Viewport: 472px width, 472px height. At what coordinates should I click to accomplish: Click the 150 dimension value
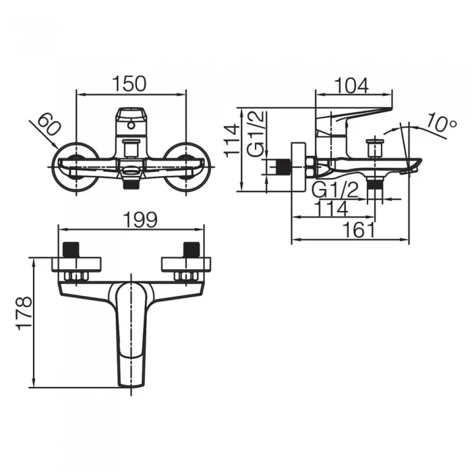point(129,84)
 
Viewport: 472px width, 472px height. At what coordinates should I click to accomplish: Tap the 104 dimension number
point(351,86)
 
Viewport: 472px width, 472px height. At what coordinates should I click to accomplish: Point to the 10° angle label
point(442,123)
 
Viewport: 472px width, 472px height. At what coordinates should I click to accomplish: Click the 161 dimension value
point(359,231)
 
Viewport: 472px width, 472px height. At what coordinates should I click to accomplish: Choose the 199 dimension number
point(140,220)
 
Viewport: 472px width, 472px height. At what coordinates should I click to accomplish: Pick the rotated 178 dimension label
point(24,314)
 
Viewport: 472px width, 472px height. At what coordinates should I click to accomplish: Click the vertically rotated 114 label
point(232,141)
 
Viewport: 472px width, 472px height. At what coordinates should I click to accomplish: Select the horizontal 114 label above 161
point(331,208)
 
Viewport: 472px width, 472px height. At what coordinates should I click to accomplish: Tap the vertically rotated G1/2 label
point(256,134)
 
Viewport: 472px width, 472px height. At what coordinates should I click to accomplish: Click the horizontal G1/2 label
point(335,189)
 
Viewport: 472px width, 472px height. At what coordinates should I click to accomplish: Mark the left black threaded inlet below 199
point(71,249)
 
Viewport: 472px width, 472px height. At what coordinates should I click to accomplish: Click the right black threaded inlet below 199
point(191,249)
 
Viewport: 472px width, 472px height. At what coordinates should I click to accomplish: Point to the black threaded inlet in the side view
point(284,167)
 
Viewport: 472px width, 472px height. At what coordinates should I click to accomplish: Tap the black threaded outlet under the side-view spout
point(375,183)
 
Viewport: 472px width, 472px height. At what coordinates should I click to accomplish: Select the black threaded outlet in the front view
point(131,183)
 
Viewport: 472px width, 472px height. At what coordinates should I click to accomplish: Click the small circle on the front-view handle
point(131,125)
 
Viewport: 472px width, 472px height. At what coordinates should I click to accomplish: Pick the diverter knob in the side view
point(374,148)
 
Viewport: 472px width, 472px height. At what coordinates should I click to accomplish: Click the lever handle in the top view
point(131,334)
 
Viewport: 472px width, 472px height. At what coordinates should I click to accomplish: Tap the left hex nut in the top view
point(76,276)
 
